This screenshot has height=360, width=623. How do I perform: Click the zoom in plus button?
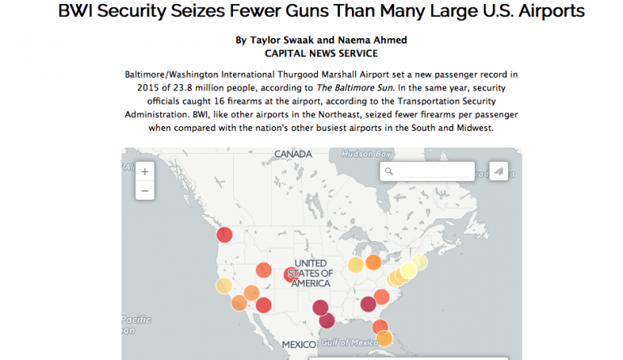point(145,172)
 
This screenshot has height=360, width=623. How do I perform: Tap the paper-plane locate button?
point(499,171)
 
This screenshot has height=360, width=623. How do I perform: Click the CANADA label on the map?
point(293,154)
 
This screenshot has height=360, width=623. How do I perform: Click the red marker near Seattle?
point(225,235)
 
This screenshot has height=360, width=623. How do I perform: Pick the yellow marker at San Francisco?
point(223,286)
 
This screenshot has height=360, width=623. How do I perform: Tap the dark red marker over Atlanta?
point(368,303)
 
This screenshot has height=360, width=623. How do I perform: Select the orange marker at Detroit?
point(373,262)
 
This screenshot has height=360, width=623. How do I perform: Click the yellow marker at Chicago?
point(355,265)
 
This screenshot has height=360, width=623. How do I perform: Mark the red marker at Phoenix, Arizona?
point(263,305)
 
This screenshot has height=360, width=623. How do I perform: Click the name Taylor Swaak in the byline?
point(275,40)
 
